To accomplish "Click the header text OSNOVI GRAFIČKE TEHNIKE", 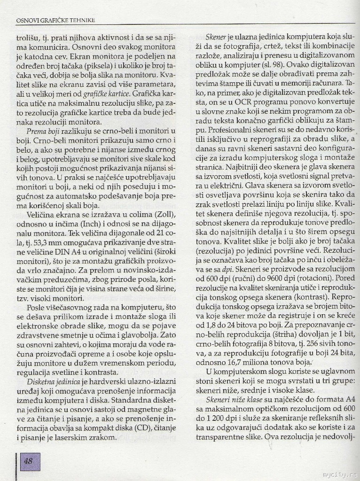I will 55,20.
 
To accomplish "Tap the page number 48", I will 29,461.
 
